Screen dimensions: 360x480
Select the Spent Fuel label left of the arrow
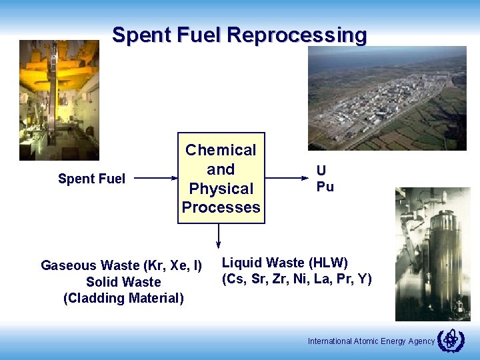click(x=91, y=179)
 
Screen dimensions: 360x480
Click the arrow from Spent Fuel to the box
click(x=157, y=179)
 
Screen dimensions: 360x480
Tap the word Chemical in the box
click(x=221, y=150)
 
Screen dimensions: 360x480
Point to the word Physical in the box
click(x=221, y=189)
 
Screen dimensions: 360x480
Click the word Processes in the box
click(x=221, y=207)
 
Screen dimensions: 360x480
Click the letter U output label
click(x=321, y=171)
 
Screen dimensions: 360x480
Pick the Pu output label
click(x=325, y=187)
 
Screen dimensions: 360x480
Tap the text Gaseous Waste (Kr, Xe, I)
click(x=121, y=265)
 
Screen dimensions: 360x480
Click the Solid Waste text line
click(x=123, y=282)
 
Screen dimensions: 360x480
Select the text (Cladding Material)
click(x=123, y=298)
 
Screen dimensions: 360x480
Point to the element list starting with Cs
click(x=297, y=279)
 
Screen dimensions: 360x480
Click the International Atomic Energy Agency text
click(x=371, y=341)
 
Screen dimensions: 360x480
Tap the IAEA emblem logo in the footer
click(x=450, y=340)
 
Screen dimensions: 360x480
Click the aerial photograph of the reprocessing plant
click(x=387, y=98)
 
